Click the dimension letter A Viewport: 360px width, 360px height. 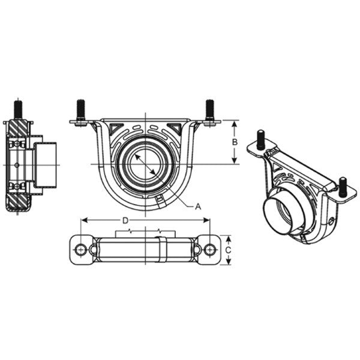coord(198,205)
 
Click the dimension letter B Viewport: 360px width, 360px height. coord(235,142)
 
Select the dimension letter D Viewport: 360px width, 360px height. coord(125,220)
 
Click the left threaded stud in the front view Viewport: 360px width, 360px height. coord(80,110)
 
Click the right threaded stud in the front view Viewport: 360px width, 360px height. coord(210,110)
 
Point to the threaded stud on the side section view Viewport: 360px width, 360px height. coord(17,109)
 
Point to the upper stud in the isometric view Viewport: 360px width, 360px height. coord(261,139)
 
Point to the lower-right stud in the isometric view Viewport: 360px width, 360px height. coord(343,186)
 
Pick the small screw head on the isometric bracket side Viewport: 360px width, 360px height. coord(331,222)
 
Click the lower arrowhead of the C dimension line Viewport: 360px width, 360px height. coord(228,262)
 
